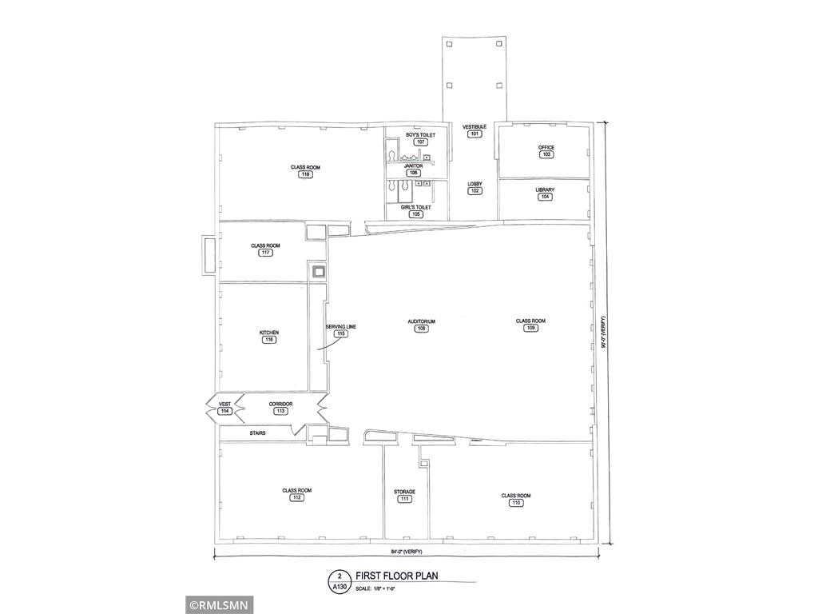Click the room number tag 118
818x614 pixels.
pos(305,174)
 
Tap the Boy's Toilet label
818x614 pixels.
pos(420,135)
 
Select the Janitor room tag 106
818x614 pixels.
pos(413,173)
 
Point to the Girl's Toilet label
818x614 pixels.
pos(415,207)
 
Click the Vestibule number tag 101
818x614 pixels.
pos(475,134)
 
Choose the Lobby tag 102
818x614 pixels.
pos(475,191)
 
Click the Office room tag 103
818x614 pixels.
pos(546,154)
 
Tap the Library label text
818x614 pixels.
pos(545,189)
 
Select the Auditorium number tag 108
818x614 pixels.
pos(421,328)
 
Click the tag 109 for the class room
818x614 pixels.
pos(530,328)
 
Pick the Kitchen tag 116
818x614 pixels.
pos(269,340)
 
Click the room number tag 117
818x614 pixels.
pos(265,253)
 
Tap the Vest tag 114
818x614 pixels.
pos(225,411)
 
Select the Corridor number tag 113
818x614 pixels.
pos(280,411)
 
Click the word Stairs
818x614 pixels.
pos(257,433)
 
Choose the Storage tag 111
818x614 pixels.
pos(404,499)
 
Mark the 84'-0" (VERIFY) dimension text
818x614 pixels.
pos(406,552)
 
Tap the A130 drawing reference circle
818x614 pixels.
pos(340,580)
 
